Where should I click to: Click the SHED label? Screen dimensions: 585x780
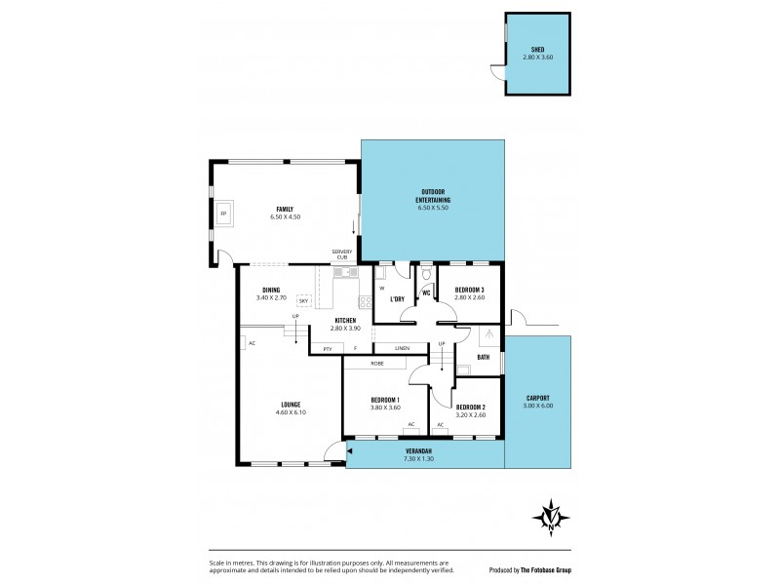(537, 49)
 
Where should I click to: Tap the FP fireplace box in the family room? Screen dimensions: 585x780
(223, 213)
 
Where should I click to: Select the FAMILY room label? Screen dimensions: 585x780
(284, 209)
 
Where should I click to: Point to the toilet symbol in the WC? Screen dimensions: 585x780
(426, 274)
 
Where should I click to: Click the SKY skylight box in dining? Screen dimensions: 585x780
(303, 300)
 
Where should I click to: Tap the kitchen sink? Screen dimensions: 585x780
(343, 274)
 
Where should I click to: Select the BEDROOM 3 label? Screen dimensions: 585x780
(469, 290)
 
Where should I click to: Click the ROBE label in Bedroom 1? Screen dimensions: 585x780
(376, 363)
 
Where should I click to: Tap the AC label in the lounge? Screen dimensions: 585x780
(252, 343)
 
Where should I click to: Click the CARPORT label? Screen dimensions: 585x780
(537, 398)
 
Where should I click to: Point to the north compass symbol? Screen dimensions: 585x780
(553, 516)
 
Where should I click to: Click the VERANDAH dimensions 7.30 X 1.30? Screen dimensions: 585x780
(419, 458)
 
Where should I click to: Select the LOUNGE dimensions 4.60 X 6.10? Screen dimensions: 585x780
(290, 412)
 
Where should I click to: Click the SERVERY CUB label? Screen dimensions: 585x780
(340, 253)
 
